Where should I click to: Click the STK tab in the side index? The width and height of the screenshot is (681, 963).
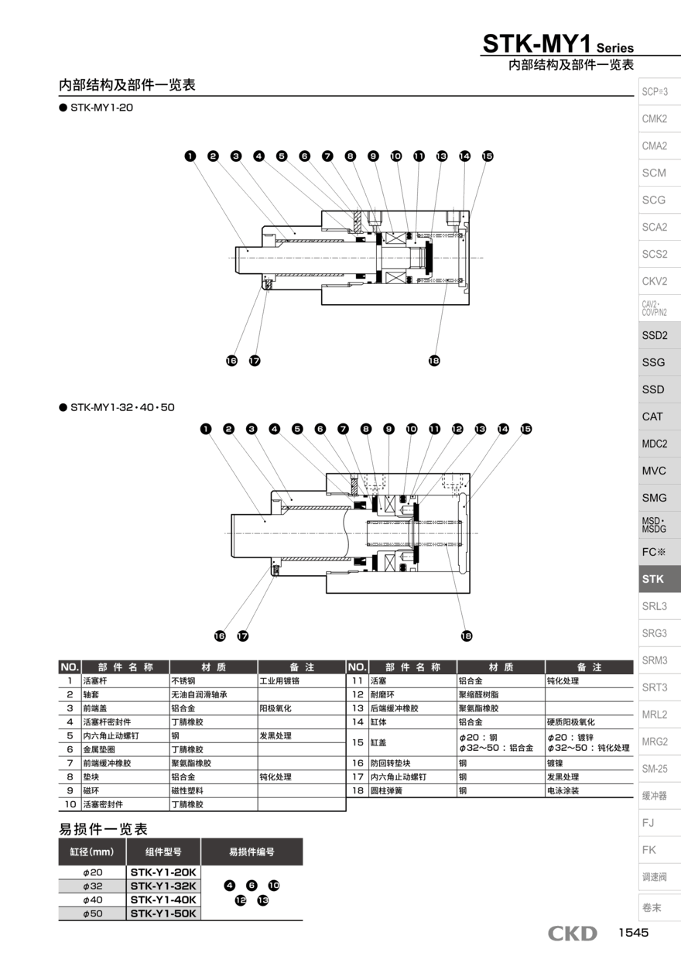click(x=653, y=579)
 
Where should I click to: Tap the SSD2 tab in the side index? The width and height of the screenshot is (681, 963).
click(x=654, y=335)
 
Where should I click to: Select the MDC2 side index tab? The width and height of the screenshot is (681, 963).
click(x=654, y=444)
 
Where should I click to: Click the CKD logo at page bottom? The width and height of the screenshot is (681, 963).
click(x=573, y=934)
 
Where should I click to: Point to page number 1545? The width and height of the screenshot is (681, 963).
click(x=632, y=933)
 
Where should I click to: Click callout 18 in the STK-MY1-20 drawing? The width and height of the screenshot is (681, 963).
click(x=434, y=361)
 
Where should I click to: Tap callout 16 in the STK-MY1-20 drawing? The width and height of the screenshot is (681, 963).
click(x=231, y=361)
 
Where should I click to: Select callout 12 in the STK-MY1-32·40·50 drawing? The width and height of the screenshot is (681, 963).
click(x=457, y=429)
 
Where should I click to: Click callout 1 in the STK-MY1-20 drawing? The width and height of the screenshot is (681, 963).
click(x=190, y=156)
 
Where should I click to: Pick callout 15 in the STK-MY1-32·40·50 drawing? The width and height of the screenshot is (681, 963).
click(x=526, y=429)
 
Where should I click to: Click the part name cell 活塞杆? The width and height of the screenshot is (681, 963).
click(x=95, y=681)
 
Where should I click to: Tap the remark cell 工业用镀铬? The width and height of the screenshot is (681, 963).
click(x=279, y=681)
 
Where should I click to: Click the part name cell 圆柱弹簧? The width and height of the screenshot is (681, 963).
click(x=388, y=790)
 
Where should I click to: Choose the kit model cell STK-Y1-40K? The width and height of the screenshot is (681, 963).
click(x=163, y=900)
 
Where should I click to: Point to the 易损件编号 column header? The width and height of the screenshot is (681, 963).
click(x=252, y=852)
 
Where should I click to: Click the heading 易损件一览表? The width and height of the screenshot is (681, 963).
click(x=103, y=829)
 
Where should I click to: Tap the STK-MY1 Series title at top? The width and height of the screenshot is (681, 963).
click(x=558, y=44)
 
